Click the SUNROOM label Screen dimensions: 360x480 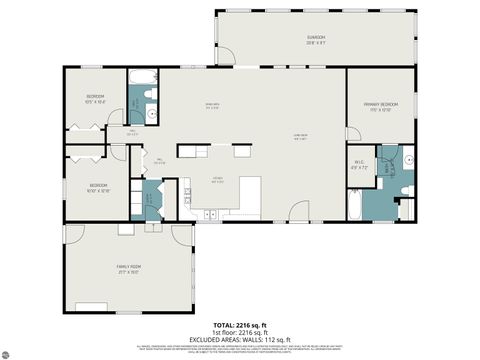[x=316, y=39]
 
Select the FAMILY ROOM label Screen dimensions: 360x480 [x=127, y=269]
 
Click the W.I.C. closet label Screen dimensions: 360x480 [x=359, y=165]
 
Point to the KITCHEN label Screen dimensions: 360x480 [x=217, y=181]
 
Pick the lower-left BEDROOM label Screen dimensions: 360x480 [x=97, y=187]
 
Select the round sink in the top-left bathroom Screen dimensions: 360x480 [x=151, y=114]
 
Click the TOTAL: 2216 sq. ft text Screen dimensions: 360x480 [x=240, y=326]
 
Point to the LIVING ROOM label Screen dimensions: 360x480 [x=300, y=137]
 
